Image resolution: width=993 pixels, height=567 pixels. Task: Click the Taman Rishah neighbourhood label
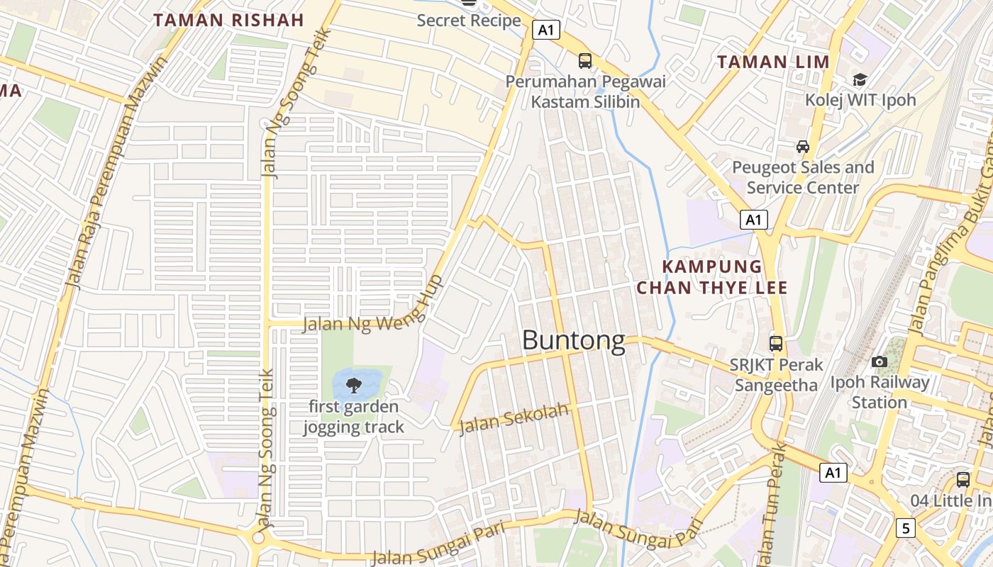(228, 20)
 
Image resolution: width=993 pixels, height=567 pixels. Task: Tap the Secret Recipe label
(469, 21)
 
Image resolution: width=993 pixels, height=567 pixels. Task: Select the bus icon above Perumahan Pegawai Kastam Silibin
(585, 61)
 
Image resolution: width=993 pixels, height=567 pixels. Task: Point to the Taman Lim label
(773, 62)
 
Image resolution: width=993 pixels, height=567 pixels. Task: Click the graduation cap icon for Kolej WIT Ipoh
(860, 79)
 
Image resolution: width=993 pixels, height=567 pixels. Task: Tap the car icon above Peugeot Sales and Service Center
(803, 147)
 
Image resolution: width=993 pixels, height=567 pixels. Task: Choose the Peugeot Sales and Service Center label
(803, 178)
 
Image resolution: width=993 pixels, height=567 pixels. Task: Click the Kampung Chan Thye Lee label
(712, 277)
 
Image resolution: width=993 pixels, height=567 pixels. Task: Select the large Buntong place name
(574, 341)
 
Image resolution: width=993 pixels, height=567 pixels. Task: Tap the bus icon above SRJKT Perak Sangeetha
(776, 344)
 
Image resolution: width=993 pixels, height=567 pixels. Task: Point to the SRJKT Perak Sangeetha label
(776, 375)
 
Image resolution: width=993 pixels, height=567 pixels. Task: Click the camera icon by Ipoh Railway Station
(880, 362)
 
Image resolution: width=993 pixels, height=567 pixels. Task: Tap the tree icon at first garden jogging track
(353, 386)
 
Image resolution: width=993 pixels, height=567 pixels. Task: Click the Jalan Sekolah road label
(514, 420)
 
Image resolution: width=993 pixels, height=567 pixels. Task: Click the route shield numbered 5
(905, 528)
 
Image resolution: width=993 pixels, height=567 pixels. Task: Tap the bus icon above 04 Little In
(963, 479)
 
